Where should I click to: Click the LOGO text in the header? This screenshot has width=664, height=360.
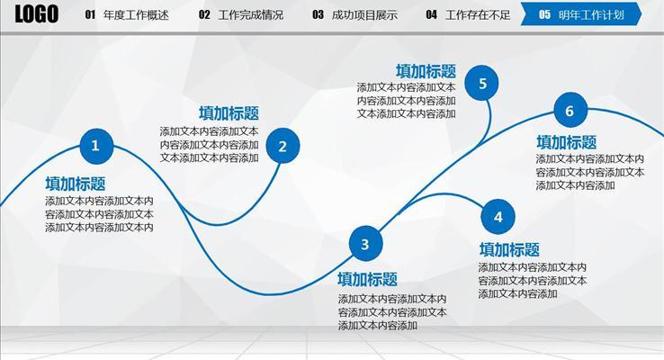(x=36, y=14)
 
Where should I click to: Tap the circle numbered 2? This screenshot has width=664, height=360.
(x=283, y=146)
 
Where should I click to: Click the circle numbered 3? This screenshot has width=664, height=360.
(x=364, y=244)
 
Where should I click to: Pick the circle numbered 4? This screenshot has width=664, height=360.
(x=498, y=216)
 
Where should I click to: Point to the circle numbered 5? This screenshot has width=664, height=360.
(x=482, y=85)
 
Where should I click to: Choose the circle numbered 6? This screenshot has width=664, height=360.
(x=570, y=112)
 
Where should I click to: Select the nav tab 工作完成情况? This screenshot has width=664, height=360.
(x=250, y=15)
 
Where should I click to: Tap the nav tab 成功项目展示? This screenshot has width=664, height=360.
(x=364, y=15)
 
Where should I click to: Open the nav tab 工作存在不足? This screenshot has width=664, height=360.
(x=478, y=15)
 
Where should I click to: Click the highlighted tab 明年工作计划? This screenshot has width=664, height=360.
(x=591, y=15)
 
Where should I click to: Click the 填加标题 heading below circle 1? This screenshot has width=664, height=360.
(x=76, y=184)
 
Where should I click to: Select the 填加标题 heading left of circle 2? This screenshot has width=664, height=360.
(x=229, y=113)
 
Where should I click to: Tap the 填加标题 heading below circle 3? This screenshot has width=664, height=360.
(x=367, y=280)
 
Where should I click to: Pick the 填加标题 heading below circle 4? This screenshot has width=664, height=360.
(x=509, y=250)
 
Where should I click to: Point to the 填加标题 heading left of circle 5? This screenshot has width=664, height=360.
(x=426, y=71)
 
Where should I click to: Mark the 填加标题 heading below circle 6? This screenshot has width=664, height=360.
(x=566, y=142)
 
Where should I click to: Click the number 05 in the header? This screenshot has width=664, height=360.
(x=544, y=15)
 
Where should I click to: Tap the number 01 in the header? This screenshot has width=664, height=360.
(x=90, y=15)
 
